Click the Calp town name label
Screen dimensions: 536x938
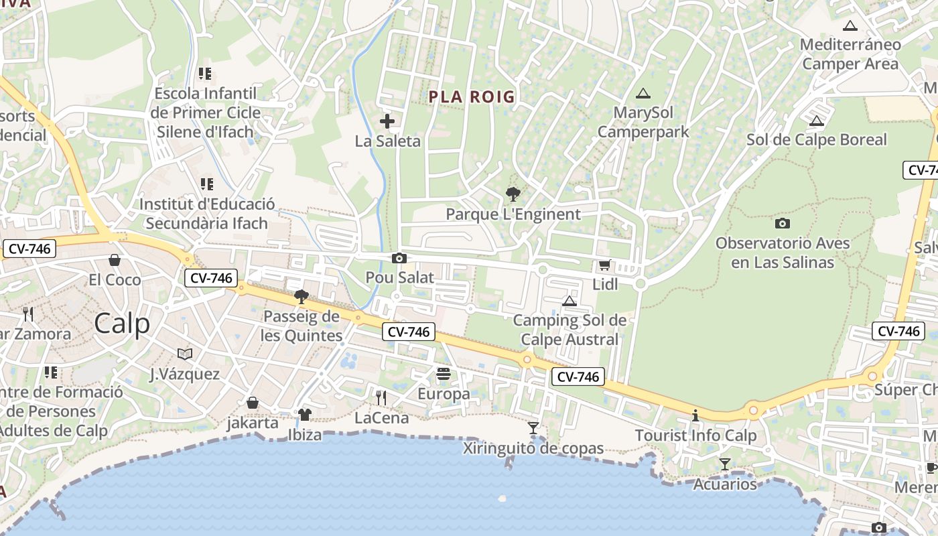122,324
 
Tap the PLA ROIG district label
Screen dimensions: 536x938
472,97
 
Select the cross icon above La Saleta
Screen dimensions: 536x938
387,121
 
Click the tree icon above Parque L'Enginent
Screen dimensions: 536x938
513,194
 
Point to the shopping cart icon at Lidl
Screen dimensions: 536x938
604,265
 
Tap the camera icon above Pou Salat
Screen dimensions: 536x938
399,258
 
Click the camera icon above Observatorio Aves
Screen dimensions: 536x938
782,223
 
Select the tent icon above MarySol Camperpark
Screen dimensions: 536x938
643,93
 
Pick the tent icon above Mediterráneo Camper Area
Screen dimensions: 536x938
850,26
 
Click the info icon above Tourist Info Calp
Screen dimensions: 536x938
695,415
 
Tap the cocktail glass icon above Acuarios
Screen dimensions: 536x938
724,464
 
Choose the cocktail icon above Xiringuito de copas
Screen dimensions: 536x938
533,427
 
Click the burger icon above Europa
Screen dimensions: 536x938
444,373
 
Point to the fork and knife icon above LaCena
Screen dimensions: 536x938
381,398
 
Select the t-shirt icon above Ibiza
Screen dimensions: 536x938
305,415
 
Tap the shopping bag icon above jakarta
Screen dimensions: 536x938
253,403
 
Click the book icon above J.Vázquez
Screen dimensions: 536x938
185,354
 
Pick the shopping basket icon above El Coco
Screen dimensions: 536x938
115,260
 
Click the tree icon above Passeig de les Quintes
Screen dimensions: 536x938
301,296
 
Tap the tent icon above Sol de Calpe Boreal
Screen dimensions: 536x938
816,121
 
